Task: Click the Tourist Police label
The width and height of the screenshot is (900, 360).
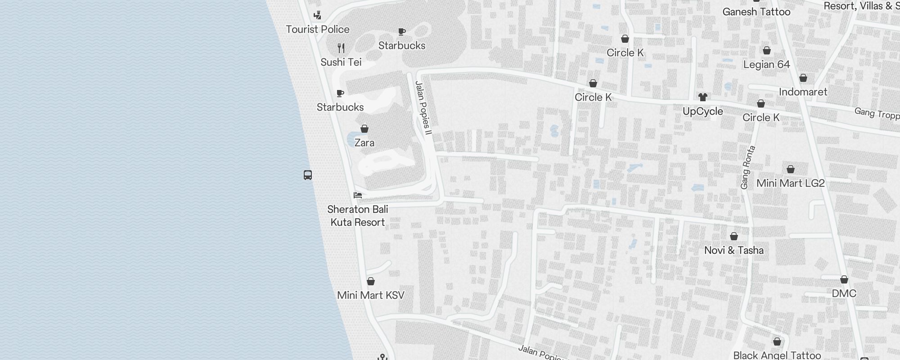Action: click(x=318, y=30)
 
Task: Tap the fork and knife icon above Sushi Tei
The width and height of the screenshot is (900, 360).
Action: click(x=341, y=48)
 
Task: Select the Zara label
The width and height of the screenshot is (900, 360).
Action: click(x=364, y=143)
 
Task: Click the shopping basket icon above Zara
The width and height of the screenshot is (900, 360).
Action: click(x=364, y=129)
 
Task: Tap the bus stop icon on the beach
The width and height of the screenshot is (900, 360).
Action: click(x=308, y=175)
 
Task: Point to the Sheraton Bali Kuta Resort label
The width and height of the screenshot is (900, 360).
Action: click(x=358, y=216)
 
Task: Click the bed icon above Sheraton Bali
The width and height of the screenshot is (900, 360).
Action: click(x=358, y=195)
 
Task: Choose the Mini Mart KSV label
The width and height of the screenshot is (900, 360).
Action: click(x=371, y=296)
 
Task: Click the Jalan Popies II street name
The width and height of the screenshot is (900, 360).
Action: click(x=423, y=108)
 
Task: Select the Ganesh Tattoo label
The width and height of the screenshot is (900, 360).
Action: click(x=756, y=12)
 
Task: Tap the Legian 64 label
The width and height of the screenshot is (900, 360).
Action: click(x=767, y=65)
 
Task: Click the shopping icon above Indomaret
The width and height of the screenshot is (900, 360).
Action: click(x=803, y=78)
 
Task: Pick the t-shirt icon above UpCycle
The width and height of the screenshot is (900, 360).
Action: click(x=703, y=97)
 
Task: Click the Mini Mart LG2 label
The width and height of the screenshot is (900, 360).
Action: click(x=791, y=184)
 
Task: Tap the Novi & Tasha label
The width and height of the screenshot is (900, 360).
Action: click(x=734, y=251)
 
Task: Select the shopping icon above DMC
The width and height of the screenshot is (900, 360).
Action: click(x=844, y=280)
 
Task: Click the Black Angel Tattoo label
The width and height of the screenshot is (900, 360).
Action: click(x=777, y=355)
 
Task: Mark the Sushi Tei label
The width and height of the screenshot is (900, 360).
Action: click(x=341, y=63)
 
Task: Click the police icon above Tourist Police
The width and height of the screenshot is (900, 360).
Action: click(x=318, y=16)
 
